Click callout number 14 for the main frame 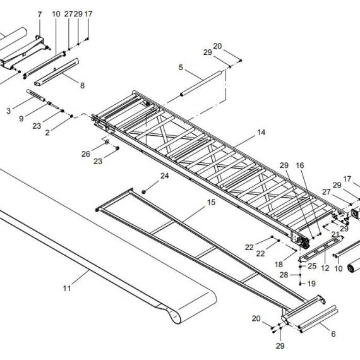coord(261,133)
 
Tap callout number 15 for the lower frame coord(212,203)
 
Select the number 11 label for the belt coord(67,288)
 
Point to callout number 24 coord(164,176)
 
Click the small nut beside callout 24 coord(144,191)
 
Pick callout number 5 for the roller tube coord(181,68)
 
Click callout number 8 coord(82,86)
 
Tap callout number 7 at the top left coord(40,15)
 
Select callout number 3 coord(8,111)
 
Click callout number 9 coord(21,119)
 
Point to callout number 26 coord(86,154)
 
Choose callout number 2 coord(47,133)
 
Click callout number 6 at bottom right coord(333,334)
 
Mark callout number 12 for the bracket coord(325,268)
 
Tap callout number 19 coord(311,284)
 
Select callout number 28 coord(284,275)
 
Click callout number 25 coord(312,266)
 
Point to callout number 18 coord(279,265)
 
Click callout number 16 coord(300,165)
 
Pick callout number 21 coord(335,234)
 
